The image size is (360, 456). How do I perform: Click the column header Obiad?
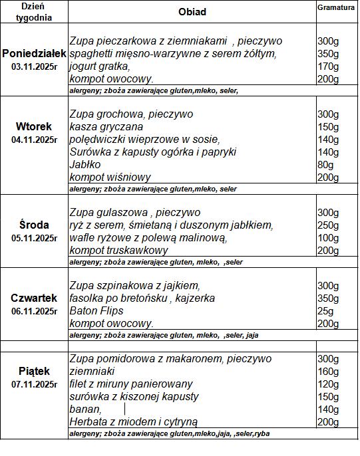pos(192,12)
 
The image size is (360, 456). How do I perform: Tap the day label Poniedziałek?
pos(34,53)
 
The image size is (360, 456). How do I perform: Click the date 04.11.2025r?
pos(34,140)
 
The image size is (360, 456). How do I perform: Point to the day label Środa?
pos(34,225)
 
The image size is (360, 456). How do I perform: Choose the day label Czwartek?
pos(34,298)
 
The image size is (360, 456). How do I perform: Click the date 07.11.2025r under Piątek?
pos(34,384)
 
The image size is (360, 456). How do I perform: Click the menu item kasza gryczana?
pos(106,126)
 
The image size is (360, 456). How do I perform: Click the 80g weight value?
pos(326,164)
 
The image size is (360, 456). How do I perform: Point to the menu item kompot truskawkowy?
pos(118,250)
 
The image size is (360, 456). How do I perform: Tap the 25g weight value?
pos(325,310)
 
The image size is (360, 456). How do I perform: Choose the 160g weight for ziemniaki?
pos(328,371)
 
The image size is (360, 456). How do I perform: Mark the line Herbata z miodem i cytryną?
pos(133,421)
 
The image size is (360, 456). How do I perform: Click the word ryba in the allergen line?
pos(262,433)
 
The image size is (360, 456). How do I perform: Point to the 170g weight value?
pos(328,66)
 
